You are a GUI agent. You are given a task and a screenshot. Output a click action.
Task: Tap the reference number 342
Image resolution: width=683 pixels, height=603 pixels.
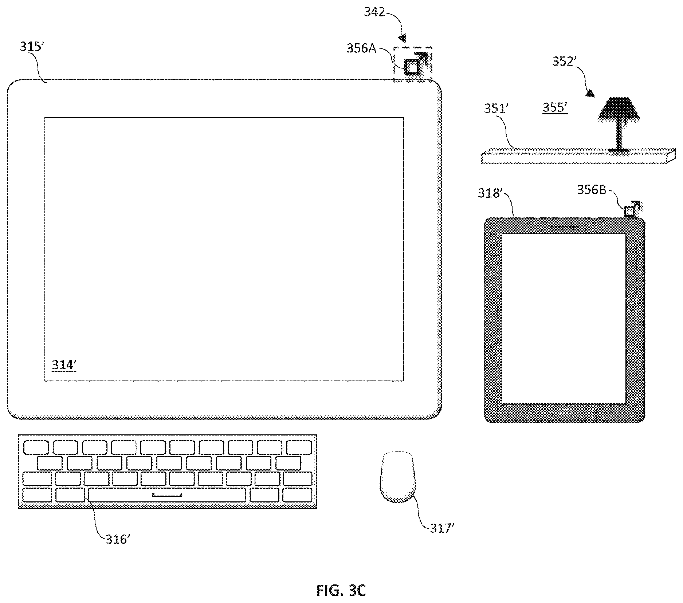[x=374, y=12]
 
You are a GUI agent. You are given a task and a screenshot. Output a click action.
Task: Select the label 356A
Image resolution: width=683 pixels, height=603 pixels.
[x=361, y=48]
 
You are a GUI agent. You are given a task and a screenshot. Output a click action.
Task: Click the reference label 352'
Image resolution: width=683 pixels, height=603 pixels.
[x=563, y=62]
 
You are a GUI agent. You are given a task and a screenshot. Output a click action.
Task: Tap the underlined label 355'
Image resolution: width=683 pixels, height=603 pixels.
[x=555, y=108]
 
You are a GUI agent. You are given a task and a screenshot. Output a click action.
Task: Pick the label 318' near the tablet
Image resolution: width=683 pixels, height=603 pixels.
[x=490, y=193]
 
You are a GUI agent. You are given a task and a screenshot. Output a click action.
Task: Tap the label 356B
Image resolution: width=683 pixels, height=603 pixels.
[x=592, y=190]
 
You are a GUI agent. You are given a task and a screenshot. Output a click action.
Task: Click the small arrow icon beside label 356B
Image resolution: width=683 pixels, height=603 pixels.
[x=632, y=209]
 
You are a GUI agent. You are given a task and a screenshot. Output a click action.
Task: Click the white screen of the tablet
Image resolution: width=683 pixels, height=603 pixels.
[x=564, y=318]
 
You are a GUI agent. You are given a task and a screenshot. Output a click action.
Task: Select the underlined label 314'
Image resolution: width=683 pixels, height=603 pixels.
[x=64, y=365]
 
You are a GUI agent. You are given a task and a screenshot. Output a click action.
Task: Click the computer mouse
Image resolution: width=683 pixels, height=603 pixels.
[x=397, y=477]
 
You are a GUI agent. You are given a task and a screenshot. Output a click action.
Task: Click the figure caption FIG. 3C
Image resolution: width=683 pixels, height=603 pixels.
[x=341, y=590]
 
